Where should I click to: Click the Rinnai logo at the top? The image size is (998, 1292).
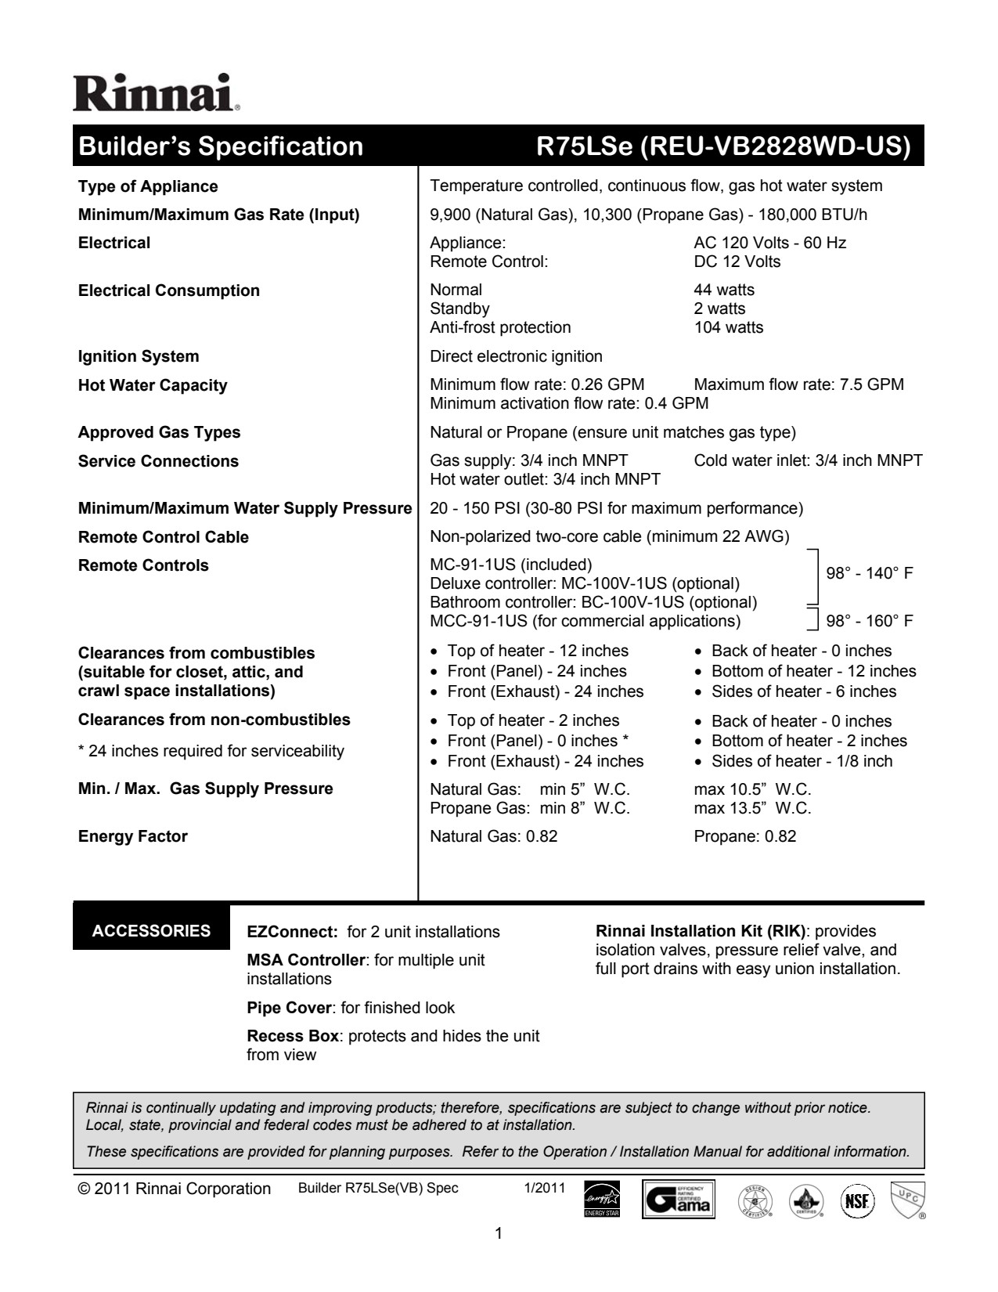[157, 93]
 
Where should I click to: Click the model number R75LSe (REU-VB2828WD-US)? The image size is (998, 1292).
[722, 146]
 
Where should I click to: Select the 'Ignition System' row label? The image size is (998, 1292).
[139, 356]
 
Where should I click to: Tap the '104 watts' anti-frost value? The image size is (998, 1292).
[728, 327]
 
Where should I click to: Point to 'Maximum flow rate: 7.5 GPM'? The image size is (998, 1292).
[798, 384]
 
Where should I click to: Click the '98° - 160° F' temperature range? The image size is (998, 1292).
[870, 621]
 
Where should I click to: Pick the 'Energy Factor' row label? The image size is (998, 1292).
[133, 836]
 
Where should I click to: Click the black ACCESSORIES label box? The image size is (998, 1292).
[151, 930]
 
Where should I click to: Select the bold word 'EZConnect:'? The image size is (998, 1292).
[292, 932]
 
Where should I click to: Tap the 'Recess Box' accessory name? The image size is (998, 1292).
[293, 1036]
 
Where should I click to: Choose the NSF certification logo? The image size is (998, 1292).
[857, 1199]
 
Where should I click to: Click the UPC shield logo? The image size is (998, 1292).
[907, 1199]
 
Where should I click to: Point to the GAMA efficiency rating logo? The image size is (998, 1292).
[679, 1199]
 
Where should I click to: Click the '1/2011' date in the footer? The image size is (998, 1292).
[544, 1188]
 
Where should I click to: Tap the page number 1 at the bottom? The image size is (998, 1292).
[499, 1234]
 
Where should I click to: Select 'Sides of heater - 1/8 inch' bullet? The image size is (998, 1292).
[801, 761]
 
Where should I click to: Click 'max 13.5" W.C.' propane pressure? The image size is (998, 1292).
[752, 808]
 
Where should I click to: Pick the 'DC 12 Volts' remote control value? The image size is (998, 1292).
[737, 262]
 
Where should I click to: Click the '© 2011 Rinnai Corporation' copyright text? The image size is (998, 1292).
[175, 1189]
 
